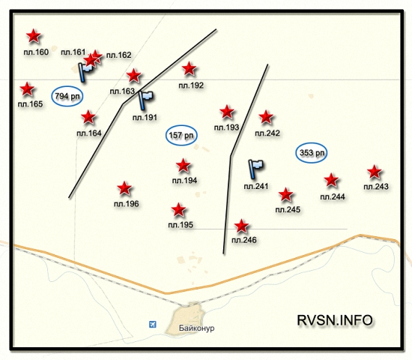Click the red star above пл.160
point(34,36)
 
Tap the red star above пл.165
point(27,89)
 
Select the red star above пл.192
point(189,69)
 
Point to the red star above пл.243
point(375,172)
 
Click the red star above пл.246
point(241,226)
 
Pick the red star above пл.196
point(124,188)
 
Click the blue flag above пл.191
point(145,100)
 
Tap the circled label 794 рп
point(67,96)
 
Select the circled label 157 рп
point(181,135)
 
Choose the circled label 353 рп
point(312,153)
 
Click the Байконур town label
point(196,328)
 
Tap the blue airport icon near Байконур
point(152,324)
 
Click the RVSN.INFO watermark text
point(335,320)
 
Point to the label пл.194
point(184,181)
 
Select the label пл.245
point(288,209)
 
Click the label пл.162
point(119,55)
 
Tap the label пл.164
point(89,133)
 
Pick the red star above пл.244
point(331,180)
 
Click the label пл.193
point(226,127)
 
